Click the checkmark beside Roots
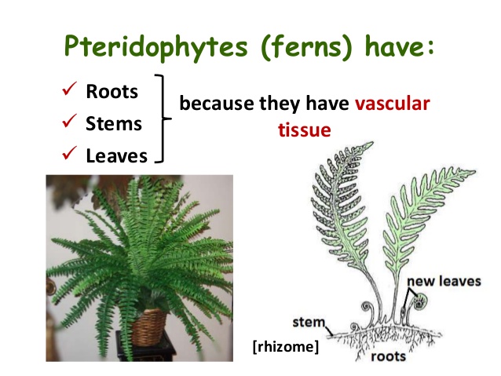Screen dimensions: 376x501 tap(68, 92)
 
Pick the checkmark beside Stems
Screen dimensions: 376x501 tap(68, 123)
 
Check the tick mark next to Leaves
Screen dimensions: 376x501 tap(68, 155)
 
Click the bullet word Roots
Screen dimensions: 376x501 tap(112, 92)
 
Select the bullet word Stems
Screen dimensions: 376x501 tap(115, 123)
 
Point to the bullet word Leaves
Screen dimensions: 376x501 tap(117, 155)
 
